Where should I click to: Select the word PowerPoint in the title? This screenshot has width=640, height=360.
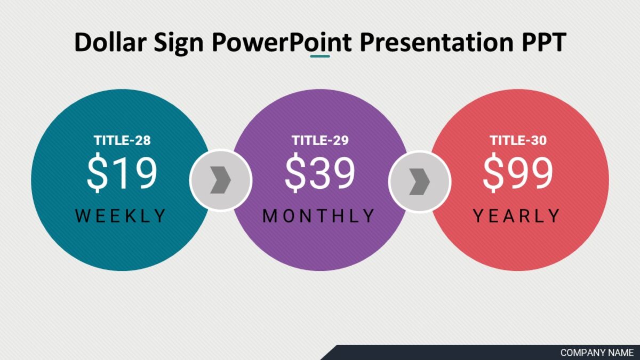pos(282,42)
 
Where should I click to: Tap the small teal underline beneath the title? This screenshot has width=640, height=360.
pos(320,56)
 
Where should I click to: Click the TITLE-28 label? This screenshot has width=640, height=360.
pos(122,141)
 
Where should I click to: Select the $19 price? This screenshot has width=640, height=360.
pos(122,173)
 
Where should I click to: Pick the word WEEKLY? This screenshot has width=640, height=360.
pos(121,216)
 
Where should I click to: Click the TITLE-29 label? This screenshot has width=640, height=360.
pos(320,141)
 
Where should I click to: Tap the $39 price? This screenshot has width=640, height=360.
pos(320,173)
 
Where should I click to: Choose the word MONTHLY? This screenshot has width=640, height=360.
pos(319,216)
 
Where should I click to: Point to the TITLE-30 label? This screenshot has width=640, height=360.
pos(518,141)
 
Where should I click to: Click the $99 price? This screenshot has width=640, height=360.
pos(518,173)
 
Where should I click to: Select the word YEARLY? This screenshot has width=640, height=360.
pos(517,216)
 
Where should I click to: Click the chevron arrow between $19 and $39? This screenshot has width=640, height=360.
pos(220,180)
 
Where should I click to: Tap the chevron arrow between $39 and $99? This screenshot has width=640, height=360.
pos(419,182)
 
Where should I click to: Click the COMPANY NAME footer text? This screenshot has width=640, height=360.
pos(597,353)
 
